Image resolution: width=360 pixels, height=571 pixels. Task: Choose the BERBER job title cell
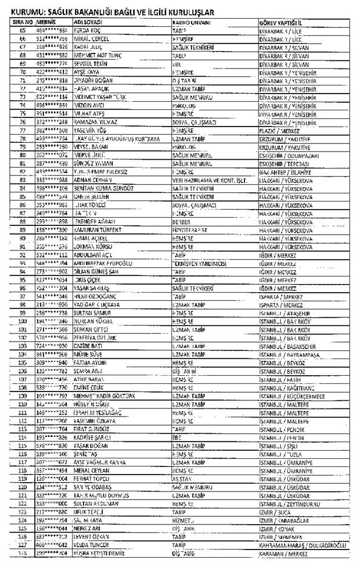coord(182,221)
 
